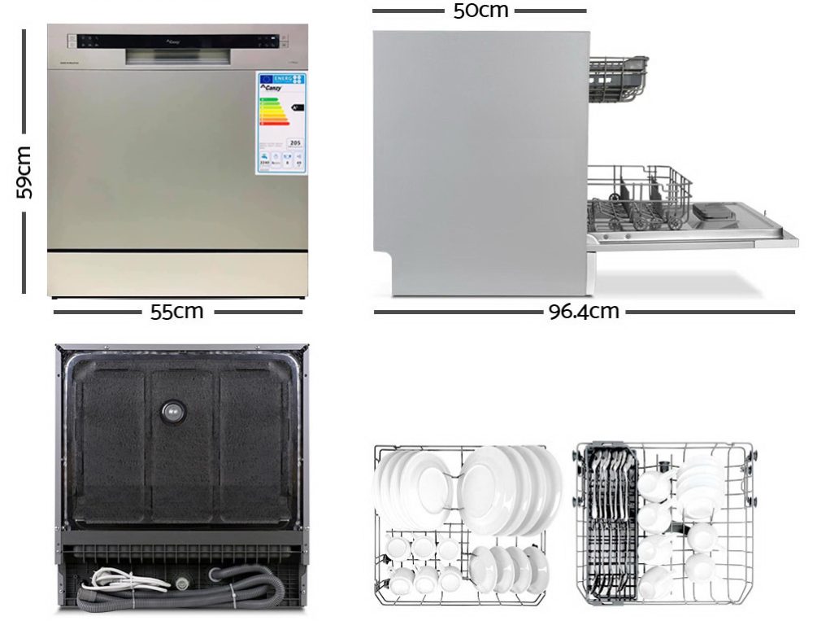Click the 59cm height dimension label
pos(24,173)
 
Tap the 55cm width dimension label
pos(176,312)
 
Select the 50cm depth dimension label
pos(480,11)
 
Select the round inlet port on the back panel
pos(172,412)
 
